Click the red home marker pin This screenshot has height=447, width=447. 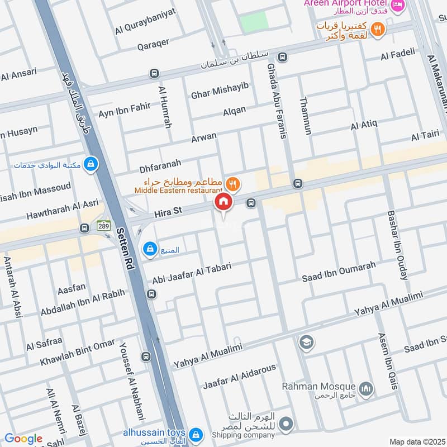pyautogui.click(x=223, y=202)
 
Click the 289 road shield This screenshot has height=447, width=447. pyautogui.click(x=103, y=226)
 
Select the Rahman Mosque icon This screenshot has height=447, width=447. pyautogui.click(x=366, y=389)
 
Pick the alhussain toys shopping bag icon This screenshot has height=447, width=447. pyautogui.click(x=196, y=434)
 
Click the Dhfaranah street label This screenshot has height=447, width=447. pyautogui.click(x=160, y=164)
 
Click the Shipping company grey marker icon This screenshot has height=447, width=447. pyautogui.click(x=286, y=425)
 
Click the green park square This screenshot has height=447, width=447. pyautogui.click(x=254, y=22)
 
